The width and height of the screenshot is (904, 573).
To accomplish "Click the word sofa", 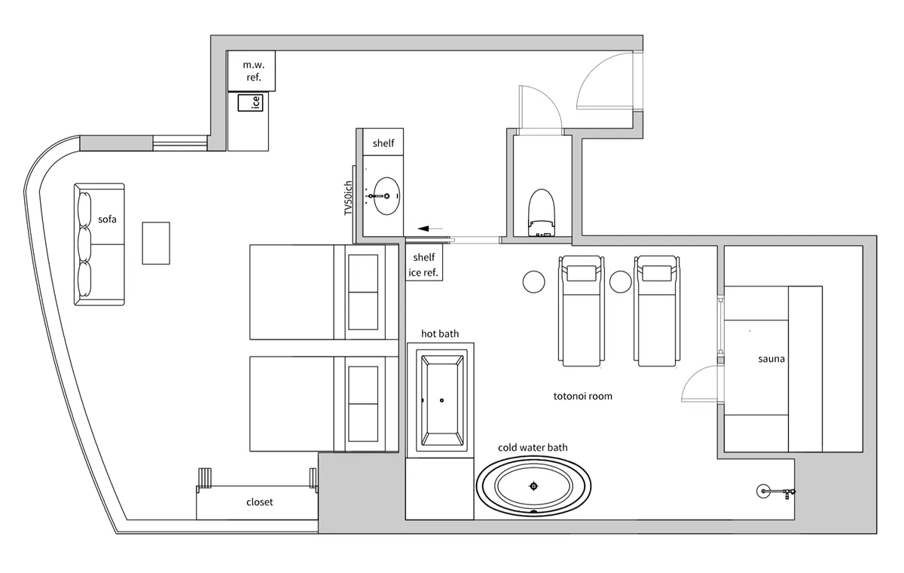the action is coord(107,219).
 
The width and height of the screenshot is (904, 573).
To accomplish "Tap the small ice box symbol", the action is coord(250,103).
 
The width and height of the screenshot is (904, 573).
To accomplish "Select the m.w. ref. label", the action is coord(253,71).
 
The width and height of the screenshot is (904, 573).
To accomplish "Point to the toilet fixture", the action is coord(541,213).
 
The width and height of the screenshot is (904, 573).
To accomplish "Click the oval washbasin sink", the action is coord(386,196).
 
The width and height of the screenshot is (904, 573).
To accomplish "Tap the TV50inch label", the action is coord(348,198).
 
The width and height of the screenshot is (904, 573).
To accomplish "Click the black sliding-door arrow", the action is coord(430,228).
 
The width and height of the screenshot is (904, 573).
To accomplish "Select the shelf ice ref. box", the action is coord(423,262).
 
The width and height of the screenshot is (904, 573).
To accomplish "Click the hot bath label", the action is coord(440,333).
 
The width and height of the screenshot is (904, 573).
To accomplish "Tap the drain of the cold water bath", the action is coord(533,486).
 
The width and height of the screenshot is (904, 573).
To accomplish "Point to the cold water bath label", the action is coord(533,447).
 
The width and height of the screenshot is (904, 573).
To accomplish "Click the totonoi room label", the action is coord(583,396).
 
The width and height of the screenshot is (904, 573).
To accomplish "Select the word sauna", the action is coord(771,359).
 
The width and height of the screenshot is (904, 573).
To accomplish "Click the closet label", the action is coord(259,502).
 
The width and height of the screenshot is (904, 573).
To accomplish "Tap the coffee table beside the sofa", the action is coord(156,243).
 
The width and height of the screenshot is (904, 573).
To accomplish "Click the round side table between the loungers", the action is coord(620,281).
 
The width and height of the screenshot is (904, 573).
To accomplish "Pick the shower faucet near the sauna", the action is coord(775,492).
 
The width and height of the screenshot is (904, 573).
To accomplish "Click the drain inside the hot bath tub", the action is coord(442,400).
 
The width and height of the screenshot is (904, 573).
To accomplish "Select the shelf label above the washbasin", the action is coord(383,143).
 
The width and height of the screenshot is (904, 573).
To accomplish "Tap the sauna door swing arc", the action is coord(695,373).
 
